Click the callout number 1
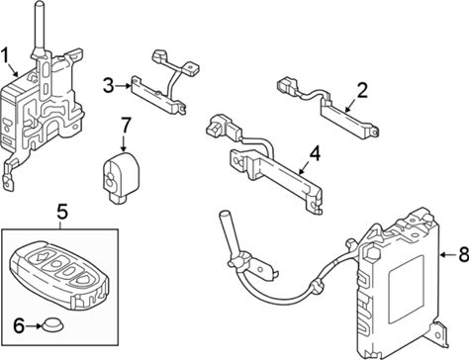tap(5, 55)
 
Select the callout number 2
tap(362, 90)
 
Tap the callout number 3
tap(108, 85)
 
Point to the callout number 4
tap(315, 153)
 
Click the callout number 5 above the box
tap(62, 211)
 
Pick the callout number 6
tap(19, 325)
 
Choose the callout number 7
tap(126, 126)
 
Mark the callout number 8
tap(463, 254)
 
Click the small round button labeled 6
tap(52, 324)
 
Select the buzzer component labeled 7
tap(121, 176)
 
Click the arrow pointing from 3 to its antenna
tap(123, 86)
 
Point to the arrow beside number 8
tap(448, 255)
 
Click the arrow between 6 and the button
tap(34, 325)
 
